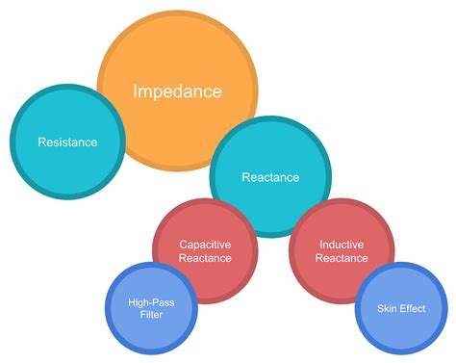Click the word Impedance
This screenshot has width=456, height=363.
(177, 92)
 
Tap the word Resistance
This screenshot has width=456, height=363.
(67, 143)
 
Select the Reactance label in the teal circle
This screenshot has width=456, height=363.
(270, 177)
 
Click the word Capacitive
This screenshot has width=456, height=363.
(205, 245)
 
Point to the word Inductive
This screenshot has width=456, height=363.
(342, 245)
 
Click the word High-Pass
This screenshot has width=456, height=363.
(151, 302)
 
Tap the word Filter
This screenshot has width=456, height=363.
(151, 315)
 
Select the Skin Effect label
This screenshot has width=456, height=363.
(401, 308)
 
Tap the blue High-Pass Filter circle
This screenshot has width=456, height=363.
(151, 327)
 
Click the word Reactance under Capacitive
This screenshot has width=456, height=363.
(205, 258)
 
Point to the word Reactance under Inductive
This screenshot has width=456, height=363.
(342, 258)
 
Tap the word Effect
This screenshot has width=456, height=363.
(411, 308)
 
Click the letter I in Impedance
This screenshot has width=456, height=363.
(137, 92)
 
